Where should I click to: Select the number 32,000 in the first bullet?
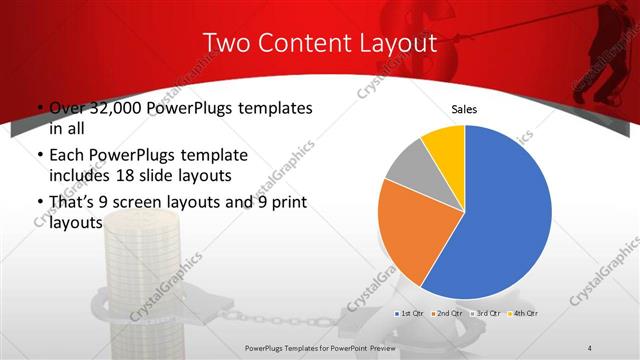tap(119, 108)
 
